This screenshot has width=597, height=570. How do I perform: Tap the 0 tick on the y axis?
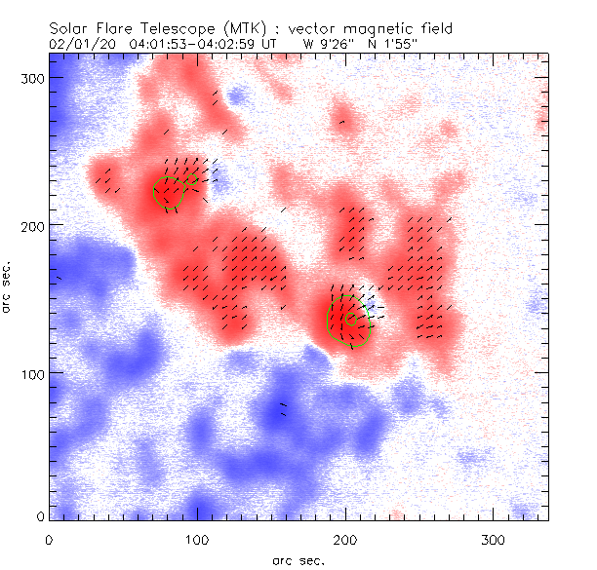point(40,515)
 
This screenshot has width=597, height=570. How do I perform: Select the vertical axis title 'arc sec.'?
point(9,286)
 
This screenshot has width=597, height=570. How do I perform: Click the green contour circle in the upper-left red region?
point(169,193)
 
